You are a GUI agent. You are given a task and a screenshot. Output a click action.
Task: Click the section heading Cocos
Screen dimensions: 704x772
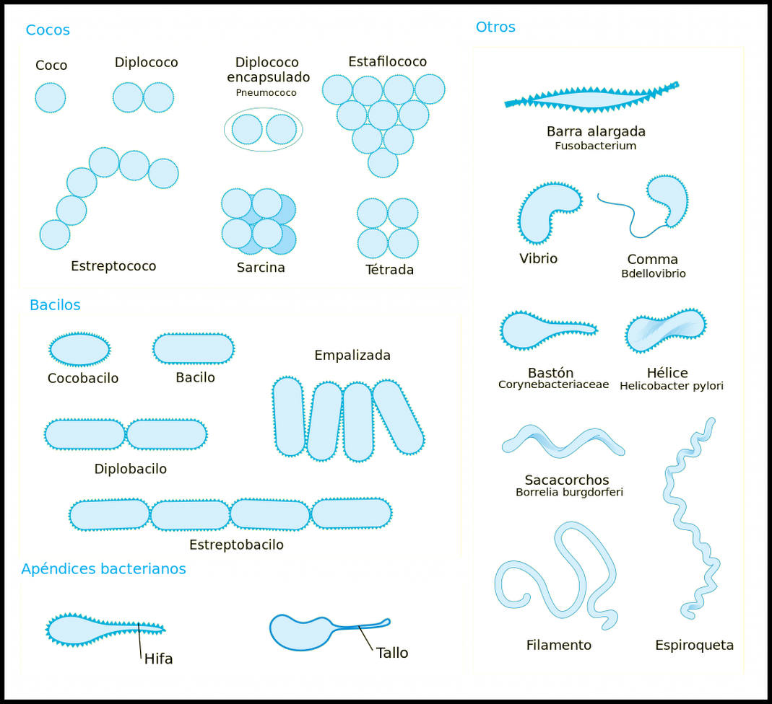48,30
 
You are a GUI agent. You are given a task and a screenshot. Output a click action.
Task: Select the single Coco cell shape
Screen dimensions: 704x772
51,97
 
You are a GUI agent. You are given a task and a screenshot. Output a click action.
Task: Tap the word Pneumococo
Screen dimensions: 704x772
266,92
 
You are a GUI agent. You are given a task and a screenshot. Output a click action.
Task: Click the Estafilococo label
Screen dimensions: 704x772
387,62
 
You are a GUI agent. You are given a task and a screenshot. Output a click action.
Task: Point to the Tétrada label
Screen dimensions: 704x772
389,270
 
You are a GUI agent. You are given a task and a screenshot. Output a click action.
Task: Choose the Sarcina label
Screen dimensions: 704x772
261,268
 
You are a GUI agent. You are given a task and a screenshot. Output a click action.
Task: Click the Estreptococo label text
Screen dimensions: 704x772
113,266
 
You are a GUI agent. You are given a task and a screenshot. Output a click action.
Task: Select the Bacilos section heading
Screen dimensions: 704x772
55,305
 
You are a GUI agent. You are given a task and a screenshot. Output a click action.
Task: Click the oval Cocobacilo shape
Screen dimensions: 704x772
79,349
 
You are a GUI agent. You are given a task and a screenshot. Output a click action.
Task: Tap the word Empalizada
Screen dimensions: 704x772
352,356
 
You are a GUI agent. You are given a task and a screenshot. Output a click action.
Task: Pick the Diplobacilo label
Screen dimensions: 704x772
131,469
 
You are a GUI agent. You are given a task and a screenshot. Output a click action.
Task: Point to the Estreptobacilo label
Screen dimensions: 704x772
236,545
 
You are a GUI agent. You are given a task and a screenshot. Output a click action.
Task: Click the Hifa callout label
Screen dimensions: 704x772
158,659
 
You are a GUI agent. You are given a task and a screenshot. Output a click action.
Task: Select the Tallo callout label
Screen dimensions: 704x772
392,653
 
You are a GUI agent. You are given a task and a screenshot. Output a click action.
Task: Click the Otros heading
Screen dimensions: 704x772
495,27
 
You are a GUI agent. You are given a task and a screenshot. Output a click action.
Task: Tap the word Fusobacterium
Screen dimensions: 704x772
595,146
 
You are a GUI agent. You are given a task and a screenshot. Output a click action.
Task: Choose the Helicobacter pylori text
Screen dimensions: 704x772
671,386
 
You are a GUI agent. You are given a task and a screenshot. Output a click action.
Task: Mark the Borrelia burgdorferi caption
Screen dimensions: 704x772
569,493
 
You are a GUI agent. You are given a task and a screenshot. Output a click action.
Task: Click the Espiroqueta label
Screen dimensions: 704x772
694,646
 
